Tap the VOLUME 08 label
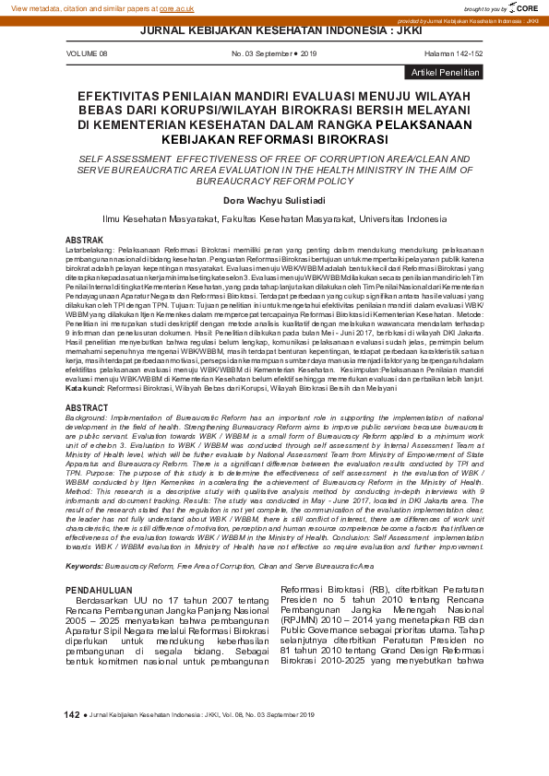point(87,54)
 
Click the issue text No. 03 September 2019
point(274,54)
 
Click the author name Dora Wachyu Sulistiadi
point(274,200)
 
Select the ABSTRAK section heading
point(84,240)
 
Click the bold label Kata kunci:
point(85,388)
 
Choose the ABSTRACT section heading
point(88,406)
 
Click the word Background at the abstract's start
point(85,417)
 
